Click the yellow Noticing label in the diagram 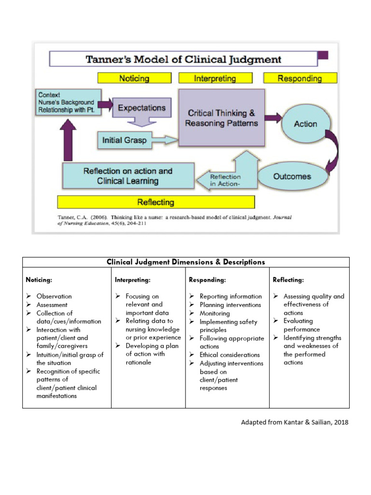(134, 78)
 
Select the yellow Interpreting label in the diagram (215, 78)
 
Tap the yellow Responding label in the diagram (300, 78)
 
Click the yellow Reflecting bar (156, 202)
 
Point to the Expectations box (142, 108)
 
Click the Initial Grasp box (125, 141)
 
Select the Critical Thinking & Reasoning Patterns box (221, 117)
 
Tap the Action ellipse (305, 124)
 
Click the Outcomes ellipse (292, 176)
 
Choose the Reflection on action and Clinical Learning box (128, 176)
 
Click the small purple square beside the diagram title (323, 55)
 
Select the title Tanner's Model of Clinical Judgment (183, 60)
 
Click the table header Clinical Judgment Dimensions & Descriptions (185, 262)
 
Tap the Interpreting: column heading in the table (132, 279)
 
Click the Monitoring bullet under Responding (214, 313)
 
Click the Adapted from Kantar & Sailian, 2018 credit (294, 422)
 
